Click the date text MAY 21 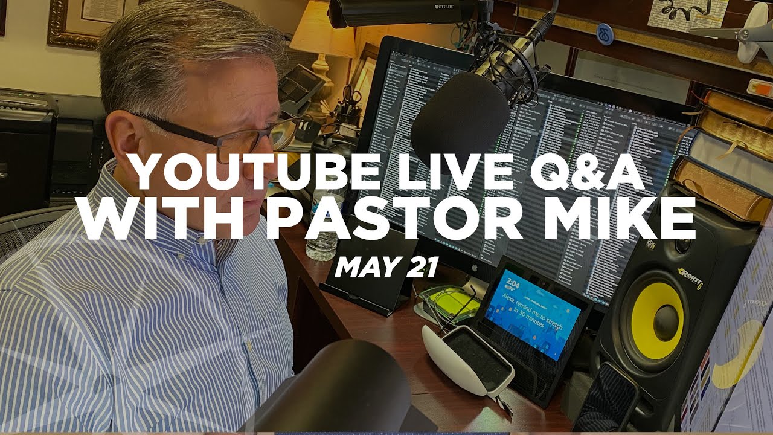(x=386, y=266)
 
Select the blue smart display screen (x=531, y=314)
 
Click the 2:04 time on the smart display (x=514, y=282)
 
